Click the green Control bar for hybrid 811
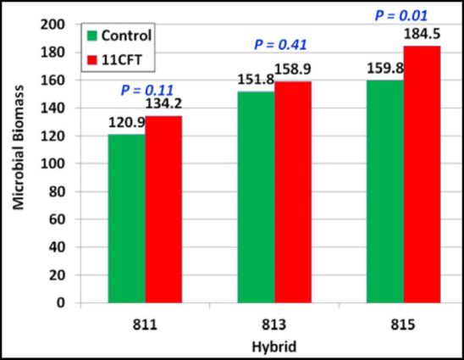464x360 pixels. pyautogui.click(x=127, y=218)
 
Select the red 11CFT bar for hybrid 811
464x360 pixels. pyautogui.click(x=163, y=208)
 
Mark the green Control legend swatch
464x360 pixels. pyautogui.click(x=92, y=36)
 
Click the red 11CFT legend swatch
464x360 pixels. pyautogui.click(x=92, y=58)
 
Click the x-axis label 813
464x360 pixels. pyautogui.click(x=274, y=323)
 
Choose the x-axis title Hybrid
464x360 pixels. pyautogui.click(x=273, y=346)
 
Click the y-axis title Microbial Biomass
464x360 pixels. pyautogui.click(x=18, y=163)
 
